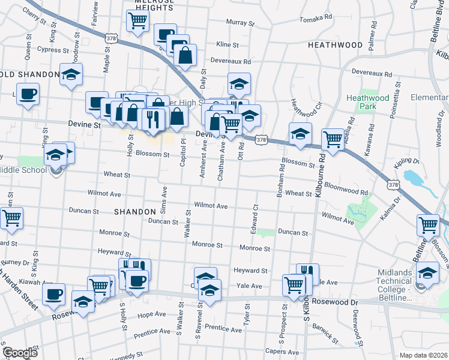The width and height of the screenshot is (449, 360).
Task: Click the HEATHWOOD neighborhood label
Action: point(335,45)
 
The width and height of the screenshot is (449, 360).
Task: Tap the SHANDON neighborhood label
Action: point(134,212)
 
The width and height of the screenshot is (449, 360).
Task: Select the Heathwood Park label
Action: point(361,102)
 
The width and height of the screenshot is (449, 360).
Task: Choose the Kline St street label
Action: point(228,44)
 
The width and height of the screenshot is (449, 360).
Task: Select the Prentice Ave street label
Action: point(223,328)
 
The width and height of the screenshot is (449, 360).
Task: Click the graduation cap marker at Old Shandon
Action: point(71,76)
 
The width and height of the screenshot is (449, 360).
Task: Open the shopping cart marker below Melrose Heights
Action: point(137,21)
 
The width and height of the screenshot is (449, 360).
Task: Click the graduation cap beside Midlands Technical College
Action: point(427,273)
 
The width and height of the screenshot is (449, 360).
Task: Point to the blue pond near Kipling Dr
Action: point(413,178)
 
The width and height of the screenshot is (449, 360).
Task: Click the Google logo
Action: point(20,353)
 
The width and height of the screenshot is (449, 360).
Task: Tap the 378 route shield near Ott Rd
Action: point(261,140)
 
